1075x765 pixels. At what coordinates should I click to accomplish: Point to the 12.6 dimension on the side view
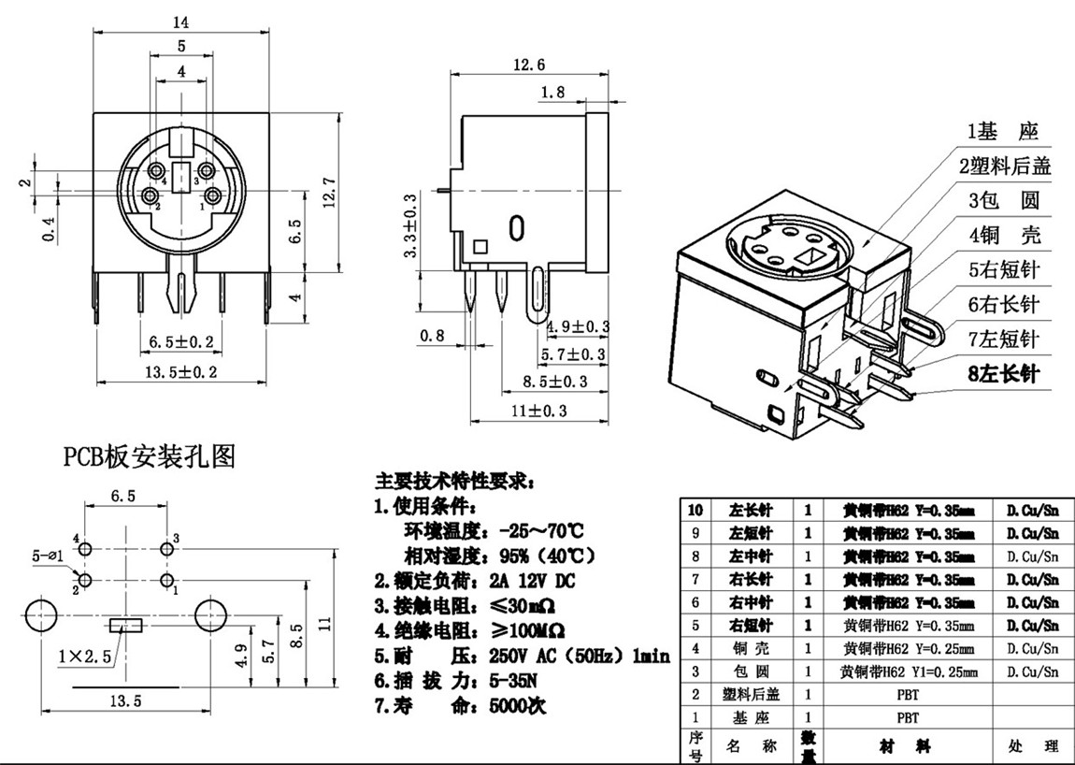tap(529, 64)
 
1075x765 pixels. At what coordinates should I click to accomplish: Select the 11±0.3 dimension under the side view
tap(539, 410)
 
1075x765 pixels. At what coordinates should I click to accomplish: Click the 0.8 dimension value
tap(433, 335)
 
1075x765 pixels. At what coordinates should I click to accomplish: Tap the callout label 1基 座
tap(1002, 131)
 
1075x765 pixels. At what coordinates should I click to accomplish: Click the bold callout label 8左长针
tap(1003, 374)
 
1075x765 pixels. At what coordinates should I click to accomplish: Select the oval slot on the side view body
tap(515, 229)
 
